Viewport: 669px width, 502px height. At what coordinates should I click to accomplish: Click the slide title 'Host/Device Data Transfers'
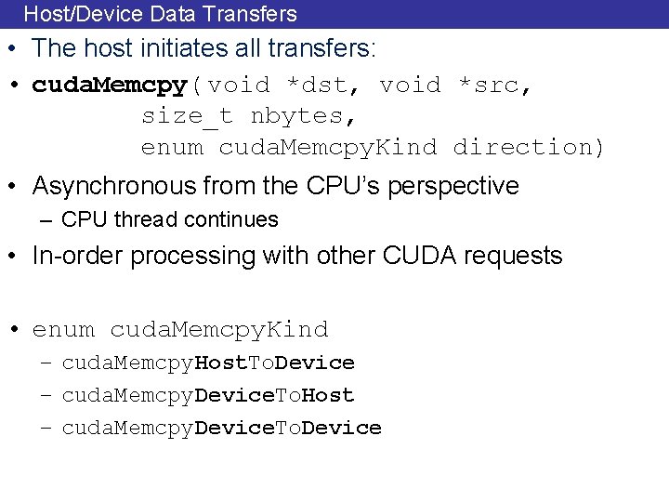coord(160,14)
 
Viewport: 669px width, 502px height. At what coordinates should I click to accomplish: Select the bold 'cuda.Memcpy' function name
coord(110,86)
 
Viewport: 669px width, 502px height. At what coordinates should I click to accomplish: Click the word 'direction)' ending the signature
coord(529,148)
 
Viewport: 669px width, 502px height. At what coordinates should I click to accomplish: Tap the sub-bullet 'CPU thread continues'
coord(170,220)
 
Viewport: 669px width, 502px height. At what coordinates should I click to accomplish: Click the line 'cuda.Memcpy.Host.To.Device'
coord(208,363)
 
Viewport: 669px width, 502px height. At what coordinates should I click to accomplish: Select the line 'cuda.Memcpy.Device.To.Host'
coord(208,395)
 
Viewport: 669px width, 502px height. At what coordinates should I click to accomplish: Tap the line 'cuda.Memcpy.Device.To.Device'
coord(221,428)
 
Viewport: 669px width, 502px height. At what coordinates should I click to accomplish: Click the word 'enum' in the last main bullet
coord(63,330)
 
